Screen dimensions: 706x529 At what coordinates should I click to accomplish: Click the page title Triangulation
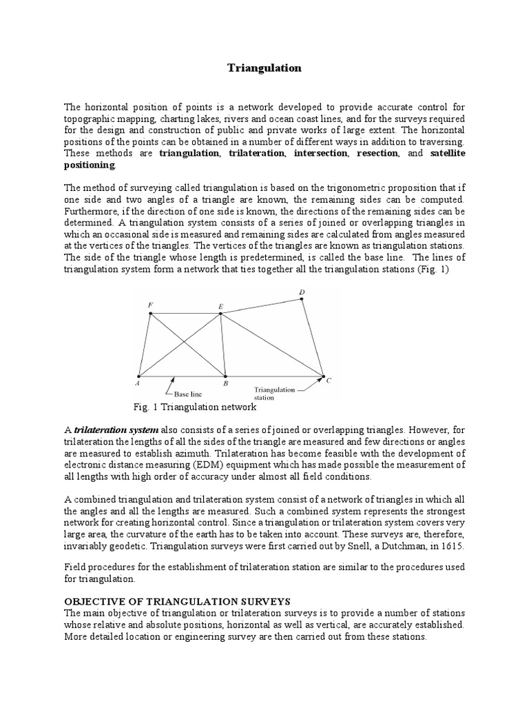[x=264, y=68]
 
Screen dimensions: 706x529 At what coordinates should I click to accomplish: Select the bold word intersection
[x=321, y=153]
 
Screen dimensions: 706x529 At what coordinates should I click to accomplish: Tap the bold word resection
[x=377, y=153]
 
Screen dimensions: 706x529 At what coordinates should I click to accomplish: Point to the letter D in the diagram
[x=301, y=292]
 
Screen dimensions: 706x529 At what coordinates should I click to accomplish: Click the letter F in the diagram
[x=150, y=305]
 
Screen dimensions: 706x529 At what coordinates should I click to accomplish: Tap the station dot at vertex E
[x=220, y=314]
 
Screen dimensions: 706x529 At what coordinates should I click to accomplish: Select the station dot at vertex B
[x=225, y=376]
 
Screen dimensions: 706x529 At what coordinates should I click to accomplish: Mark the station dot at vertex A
[x=139, y=376]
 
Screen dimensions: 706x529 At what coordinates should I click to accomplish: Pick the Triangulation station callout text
[x=274, y=393]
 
